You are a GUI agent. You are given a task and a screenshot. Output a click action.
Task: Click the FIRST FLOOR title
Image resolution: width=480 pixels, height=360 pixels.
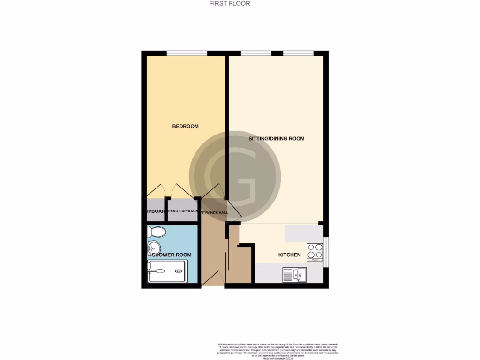[x=229, y=3]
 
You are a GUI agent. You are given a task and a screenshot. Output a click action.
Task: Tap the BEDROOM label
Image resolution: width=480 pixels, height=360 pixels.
[x=185, y=126]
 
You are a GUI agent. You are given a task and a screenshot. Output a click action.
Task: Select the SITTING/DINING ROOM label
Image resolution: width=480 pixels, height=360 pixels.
[x=276, y=139]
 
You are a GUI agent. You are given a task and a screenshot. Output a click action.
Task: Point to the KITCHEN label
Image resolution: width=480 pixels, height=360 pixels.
[x=289, y=255]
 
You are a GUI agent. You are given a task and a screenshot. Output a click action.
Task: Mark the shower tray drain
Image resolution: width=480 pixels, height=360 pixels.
[x=179, y=271]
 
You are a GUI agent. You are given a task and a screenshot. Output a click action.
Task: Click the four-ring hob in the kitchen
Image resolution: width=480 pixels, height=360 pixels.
[x=315, y=252]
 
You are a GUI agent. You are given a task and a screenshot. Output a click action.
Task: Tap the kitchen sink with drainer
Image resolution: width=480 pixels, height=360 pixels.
[x=294, y=274]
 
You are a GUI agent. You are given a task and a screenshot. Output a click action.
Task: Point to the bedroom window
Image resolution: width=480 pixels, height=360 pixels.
[x=187, y=53]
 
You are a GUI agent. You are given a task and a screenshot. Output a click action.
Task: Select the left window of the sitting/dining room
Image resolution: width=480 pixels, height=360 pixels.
[x=256, y=53]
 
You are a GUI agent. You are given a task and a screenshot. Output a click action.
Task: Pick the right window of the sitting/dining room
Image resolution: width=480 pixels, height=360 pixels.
[x=298, y=53]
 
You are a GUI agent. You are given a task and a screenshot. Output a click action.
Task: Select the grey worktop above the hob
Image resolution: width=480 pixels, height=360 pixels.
[x=303, y=233]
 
